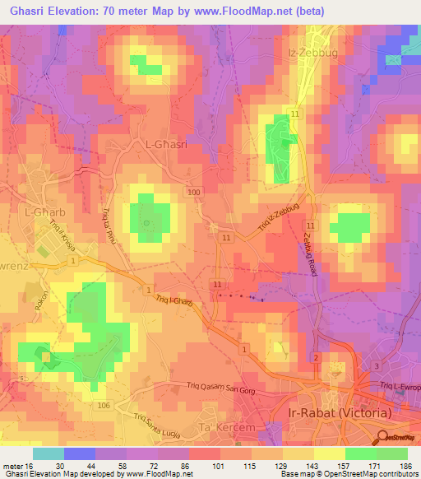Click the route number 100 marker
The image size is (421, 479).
pos(192,192)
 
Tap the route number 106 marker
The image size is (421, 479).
pos(103,406)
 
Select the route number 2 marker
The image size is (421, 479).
pos(315,357)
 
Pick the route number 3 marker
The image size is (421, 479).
pos(377,365)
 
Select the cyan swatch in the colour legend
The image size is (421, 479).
pos(49,453)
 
